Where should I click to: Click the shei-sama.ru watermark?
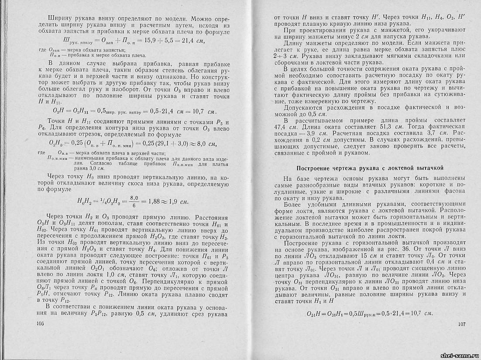458,354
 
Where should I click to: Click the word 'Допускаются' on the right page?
301,107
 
